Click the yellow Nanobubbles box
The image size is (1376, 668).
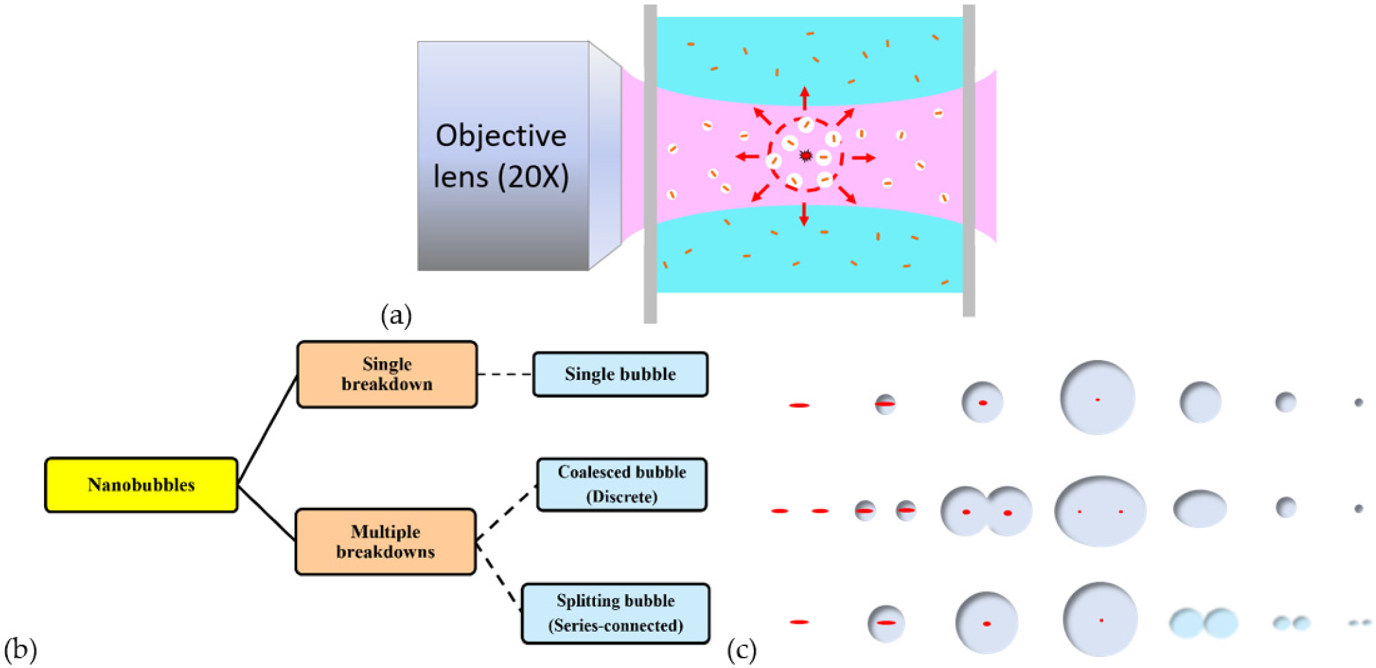(141, 485)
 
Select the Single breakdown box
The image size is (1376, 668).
(387, 374)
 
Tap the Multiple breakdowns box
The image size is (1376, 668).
(385, 542)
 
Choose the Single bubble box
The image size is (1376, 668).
(620, 374)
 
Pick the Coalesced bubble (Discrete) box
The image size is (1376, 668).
(622, 484)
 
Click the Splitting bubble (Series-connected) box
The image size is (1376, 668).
(615, 613)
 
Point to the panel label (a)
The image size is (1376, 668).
(396, 316)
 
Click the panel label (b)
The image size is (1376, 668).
(19, 649)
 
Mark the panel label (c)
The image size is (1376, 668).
(742, 649)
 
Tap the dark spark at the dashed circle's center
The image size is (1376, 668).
(805, 156)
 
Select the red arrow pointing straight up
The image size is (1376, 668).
(804, 98)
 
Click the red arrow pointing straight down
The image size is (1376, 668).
(804, 214)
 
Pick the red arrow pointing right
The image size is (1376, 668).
(863, 158)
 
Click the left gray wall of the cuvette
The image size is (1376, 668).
(650, 162)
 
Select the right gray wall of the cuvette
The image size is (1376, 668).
(969, 162)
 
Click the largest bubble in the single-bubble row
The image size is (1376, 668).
(1097, 398)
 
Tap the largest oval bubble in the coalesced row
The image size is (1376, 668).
(1100, 511)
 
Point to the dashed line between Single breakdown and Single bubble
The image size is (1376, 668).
(505, 374)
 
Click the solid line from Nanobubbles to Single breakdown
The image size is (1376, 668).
(267, 431)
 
